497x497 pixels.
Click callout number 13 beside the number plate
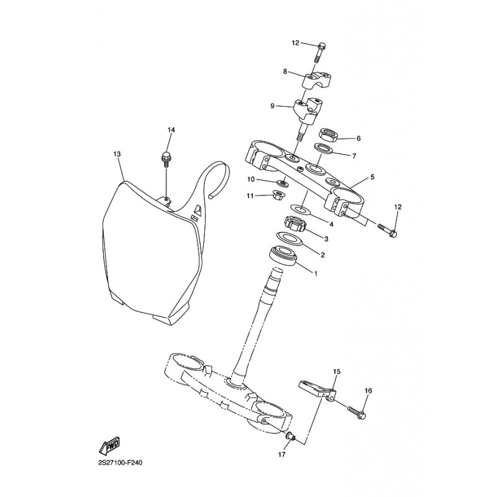coord(116,153)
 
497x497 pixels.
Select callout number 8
coord(285,71)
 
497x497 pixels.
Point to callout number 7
coord(354,156)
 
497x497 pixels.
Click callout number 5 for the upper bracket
coord(372,177)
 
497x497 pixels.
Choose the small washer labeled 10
coord(283,183)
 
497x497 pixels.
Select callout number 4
coord(332,224)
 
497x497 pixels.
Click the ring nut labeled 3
coord(294,223)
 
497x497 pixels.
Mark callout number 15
coord(337,372)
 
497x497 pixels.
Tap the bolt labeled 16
coord(357,411)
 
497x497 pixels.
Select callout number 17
coord(281,455)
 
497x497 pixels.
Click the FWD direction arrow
coord(109,445)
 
